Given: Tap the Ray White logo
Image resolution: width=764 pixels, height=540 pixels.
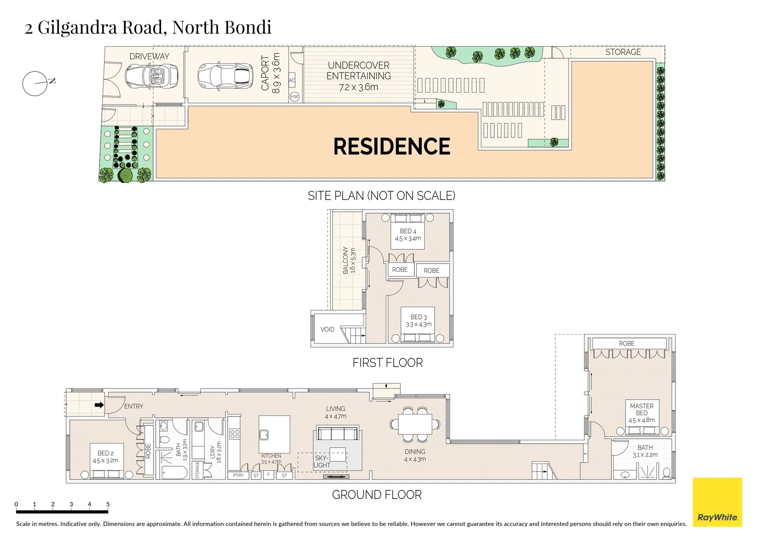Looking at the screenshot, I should click(x=717, y=502).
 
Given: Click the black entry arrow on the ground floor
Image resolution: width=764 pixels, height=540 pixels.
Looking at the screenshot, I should click(x=99, y=405).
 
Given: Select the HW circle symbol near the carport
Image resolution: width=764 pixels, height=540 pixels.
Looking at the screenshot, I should click(x=295, y=96).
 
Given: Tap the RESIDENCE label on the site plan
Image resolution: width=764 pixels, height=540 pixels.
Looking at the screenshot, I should click(x=392, y=146).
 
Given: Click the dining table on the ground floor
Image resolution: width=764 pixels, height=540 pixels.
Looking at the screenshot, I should click(x=415, y=424).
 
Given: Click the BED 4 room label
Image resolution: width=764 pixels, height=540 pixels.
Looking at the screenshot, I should click(x=408, y=231).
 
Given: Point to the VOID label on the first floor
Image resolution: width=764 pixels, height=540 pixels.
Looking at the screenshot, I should click(x=327, y=329).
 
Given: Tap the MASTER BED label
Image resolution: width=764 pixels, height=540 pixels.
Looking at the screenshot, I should click(x=641, y=409).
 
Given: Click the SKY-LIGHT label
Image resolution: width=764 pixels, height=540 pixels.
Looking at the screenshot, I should click(x=321, y=461).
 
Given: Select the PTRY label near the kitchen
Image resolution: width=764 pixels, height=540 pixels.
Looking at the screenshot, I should click(x=238, y=475).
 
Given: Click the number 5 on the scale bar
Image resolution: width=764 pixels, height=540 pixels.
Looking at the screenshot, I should click(x=108, y=504).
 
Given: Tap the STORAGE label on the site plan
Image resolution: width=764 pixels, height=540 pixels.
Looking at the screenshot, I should click(x=623, y=52).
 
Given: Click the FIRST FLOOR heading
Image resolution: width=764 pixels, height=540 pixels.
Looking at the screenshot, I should click(x=387, y=362).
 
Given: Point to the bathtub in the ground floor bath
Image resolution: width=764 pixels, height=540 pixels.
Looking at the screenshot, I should click(x=174, y=471).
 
